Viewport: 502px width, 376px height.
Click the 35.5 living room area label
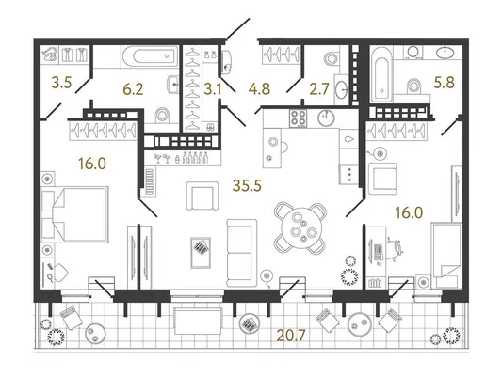[x=247, y=185]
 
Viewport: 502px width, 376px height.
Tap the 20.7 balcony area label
[x=291, y=335]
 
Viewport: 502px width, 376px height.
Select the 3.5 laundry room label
[x=61, y=83]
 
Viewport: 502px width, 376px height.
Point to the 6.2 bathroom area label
[x=133, y=89]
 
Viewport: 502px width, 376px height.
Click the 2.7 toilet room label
[x=319, y=89]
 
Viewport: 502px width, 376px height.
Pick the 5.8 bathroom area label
[x=444, y=83]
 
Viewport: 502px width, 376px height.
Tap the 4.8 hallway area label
[x=259, y=88]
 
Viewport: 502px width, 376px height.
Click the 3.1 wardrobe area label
[x=213, y=89]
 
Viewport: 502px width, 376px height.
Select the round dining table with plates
[x=300, y=228]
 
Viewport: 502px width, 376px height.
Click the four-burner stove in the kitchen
[x=298, y=118]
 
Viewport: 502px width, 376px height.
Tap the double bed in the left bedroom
[x=75, y=214]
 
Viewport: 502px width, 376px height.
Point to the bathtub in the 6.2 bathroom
[x=150, y=56]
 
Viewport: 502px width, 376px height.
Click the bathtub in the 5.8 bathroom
[x=381, y=75]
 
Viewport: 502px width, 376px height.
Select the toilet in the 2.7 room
[x=331, y=58]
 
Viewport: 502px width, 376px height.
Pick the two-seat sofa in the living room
[x=241, y=252]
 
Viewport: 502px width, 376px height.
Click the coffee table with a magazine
[x=201, y=252]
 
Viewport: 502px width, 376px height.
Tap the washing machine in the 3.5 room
[x=50, y=54]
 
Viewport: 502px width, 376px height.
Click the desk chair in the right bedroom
[x=394, y=249]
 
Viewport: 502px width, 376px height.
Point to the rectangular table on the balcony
[x=198, y=321]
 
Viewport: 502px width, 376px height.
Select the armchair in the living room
[x=202, y=196]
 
